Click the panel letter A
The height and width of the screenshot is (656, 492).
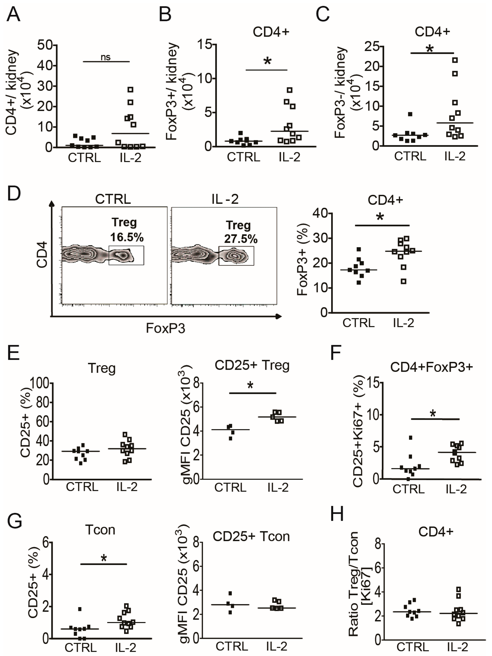(x=13, y=14)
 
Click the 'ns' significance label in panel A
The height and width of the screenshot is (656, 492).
(x=106, y=57)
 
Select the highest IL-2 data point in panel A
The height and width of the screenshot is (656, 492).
(x=130, y=89)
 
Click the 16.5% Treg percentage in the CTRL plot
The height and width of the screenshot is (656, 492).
(x=127, y=237)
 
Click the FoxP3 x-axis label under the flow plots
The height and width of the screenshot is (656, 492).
(x=165, y=328)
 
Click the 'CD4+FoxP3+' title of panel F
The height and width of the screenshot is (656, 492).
(x=431, y=367)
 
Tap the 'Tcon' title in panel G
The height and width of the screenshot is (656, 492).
(x=100, y=530)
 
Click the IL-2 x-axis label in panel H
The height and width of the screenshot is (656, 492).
(x=457, y=647)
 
